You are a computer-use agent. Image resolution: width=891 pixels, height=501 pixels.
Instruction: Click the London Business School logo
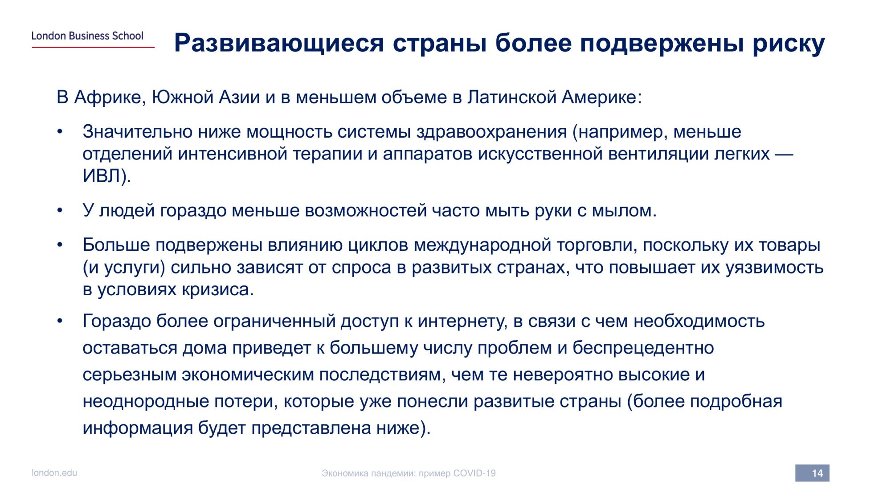point(87,36)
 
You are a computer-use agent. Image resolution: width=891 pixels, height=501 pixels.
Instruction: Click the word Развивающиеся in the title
point(279,44)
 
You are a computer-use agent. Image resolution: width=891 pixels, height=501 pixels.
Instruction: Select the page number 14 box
point(812,473)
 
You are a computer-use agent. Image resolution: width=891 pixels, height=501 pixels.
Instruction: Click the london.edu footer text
point(54,472)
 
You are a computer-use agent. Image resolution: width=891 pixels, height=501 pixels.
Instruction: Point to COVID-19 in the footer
point(474,473)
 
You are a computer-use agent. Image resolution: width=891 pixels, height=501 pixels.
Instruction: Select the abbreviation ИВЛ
point(102,176)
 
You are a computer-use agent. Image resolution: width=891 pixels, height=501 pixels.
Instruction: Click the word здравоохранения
point(491,132)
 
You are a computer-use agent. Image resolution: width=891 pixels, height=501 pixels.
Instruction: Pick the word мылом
point(624,211)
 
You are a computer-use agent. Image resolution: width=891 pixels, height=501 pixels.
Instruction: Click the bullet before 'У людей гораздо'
point(60,211)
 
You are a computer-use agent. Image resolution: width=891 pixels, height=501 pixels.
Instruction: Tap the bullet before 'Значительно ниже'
point(60,132)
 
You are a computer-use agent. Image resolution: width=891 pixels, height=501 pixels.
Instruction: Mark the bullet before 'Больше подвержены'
point(60,245)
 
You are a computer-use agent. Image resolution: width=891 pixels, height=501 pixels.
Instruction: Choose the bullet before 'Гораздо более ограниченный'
point(60,321)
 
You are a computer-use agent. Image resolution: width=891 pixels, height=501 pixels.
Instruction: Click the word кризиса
point(218,290)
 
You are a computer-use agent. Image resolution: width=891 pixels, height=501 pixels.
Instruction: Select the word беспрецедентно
point(643,348)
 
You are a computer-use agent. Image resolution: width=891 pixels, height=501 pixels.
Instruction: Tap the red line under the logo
point(93,47)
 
